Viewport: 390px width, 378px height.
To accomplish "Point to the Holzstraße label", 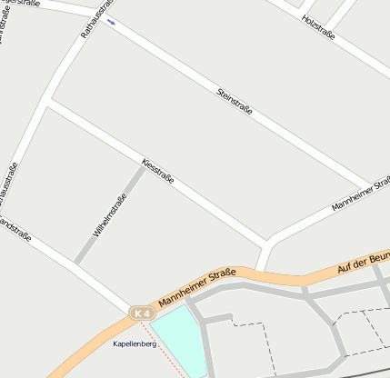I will tap(318, 27).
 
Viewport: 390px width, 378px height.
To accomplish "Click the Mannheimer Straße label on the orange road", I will tap(197, 287).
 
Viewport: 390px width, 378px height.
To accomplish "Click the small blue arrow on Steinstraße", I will tap(111, 21).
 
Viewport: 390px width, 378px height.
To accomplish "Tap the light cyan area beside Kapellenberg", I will tap(176, 335).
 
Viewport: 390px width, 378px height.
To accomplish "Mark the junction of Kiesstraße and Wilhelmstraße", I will tap(144, 165).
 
